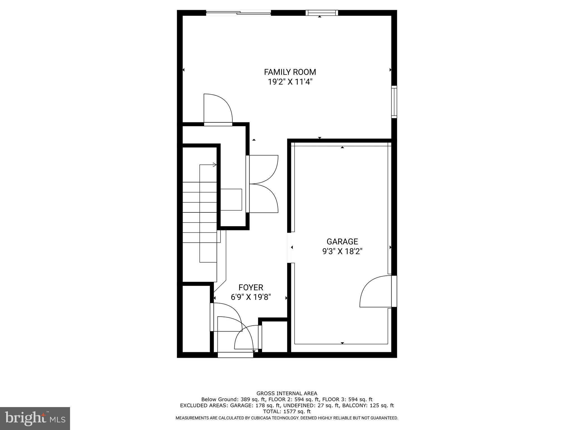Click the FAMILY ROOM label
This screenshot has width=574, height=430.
coord(290,72)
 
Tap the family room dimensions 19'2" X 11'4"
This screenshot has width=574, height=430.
coord(290,82)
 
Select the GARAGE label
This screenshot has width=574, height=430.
coord(342,242)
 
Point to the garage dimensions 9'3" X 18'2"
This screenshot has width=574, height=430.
coord(342,251)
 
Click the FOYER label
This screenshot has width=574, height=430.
coord(251,288)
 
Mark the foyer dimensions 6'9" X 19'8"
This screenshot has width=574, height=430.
coord(251,297)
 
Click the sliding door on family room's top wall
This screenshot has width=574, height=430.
coord(239,13)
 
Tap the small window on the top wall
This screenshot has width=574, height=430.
coord(322,13)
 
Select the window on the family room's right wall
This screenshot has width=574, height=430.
coord(394,102)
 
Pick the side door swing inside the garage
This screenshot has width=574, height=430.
coord(374,293)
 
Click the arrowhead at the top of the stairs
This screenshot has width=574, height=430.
coord(215,165)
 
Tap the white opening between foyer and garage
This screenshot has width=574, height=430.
coord(290,247)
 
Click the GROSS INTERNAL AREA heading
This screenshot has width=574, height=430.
coord(287,394)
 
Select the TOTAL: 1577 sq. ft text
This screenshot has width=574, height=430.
coord(287,412)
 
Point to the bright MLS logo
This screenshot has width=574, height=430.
coord(35,418)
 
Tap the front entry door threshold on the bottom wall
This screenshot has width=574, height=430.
coord(235,355)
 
